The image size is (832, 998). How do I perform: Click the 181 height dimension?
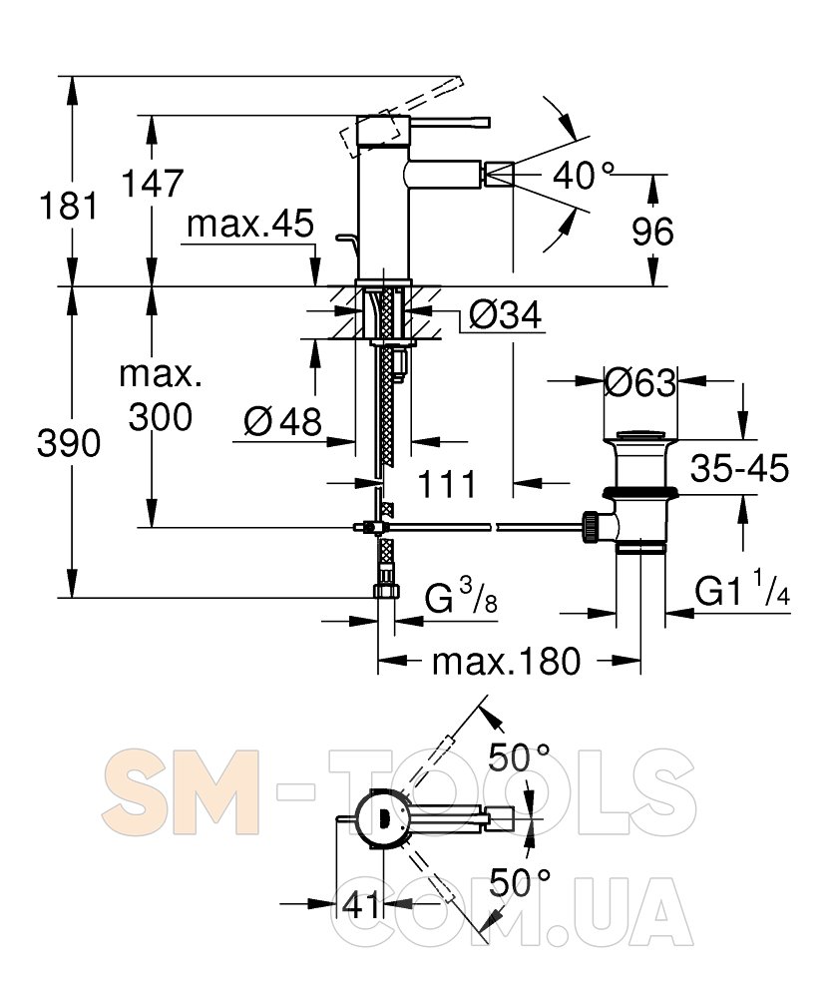pyautogui.click(x=69, y=206)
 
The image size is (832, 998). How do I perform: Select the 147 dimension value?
pyautogui.click(x=152, y=183)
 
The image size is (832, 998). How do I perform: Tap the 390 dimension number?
pyautogui.click(x=69, y=443)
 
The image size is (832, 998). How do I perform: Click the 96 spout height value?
pyautogui.click(x=652, y=232)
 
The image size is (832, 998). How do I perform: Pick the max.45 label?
pyautogui.click(x=250, y=224)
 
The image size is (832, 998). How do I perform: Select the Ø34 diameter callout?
pyautogui.click(x=506, y=314)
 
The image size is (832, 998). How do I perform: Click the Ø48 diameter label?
pyautogui.click(x=283, y=421)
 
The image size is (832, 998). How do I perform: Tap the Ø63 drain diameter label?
pyautogui.click(x=639, y=383)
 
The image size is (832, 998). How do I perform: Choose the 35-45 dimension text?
pyautogui.click(x=740, y=468)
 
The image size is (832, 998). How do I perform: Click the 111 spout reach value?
pyautogui.click(x=447, y=485)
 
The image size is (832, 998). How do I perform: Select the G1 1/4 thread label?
pyautogui.click(x=742, y=590)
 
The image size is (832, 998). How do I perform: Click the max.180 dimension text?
pyautogui.click(x=507, y=662)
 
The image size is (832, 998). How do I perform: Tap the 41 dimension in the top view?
pyautogui.click(x=360, y=904)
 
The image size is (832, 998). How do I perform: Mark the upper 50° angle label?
pyautogui.click(x=519, y=757)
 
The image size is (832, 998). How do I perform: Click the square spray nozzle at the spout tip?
pyautogui.click(x=500, y=175)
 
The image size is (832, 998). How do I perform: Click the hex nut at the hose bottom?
pyautogui.click(x=385, y=592)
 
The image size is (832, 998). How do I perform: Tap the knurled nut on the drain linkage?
pyautogui.click(x=591, y=526)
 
